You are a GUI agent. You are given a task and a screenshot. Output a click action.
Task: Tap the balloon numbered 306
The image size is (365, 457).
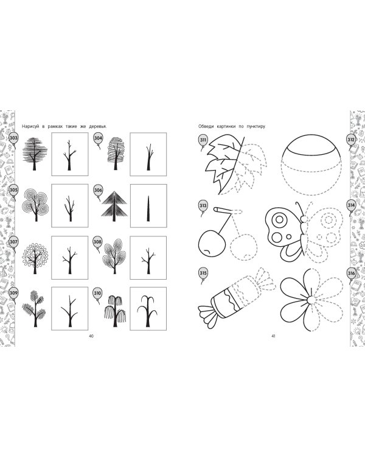click(x=98, y=191)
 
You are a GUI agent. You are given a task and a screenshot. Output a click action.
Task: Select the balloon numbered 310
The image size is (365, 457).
click(x=97, y=294)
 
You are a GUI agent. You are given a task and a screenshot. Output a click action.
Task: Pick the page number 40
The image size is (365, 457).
click(x=91, y=336)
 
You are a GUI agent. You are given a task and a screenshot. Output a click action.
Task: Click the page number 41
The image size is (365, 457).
click(x=273, y=336)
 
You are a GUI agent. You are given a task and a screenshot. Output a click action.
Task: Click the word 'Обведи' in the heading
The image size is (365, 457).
click(x=206, y=127)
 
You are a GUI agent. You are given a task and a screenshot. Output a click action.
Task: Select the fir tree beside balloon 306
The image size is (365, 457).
click(x=115, y=205)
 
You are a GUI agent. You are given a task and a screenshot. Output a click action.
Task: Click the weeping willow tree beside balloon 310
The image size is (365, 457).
click(x=115, y=311)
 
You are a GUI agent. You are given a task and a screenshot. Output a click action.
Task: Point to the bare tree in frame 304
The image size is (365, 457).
click(x=149, y=157)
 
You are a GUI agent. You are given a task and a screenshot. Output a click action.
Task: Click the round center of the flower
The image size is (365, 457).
click(x=311, y=300)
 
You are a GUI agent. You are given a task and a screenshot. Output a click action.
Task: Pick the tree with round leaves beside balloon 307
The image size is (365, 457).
click(x=35, y=257)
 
